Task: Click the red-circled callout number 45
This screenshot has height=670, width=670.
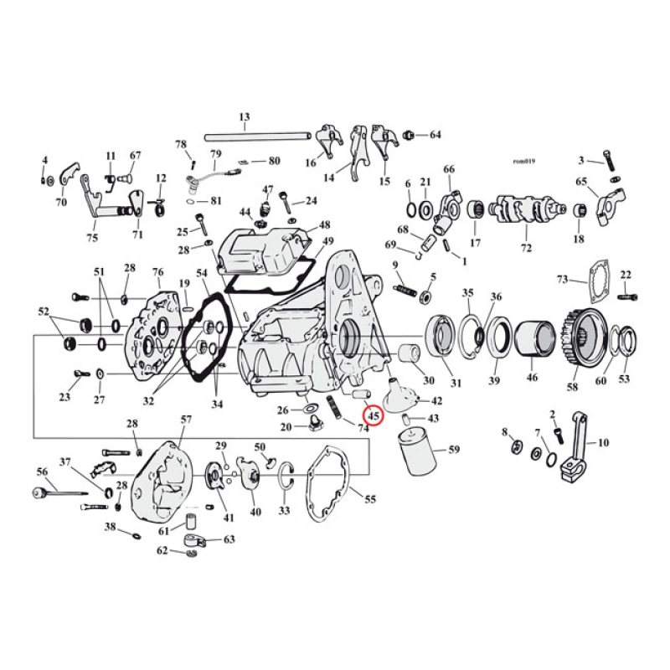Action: [373, 415]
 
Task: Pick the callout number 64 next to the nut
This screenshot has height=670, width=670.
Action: [435, 135]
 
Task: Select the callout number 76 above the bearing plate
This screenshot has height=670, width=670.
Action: [157, 272]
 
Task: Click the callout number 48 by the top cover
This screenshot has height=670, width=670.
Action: [324, 224]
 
